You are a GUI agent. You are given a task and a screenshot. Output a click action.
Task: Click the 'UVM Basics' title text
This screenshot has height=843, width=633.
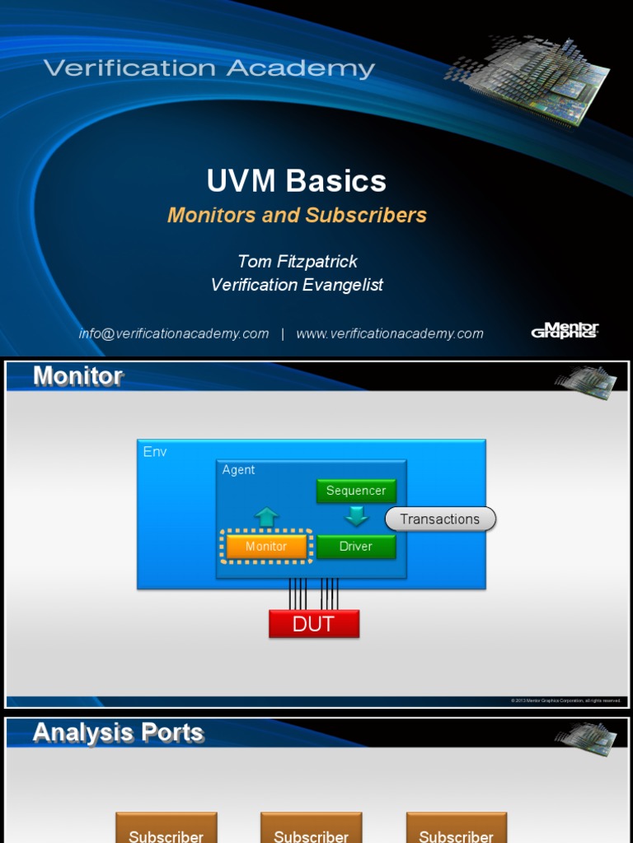[296, 181]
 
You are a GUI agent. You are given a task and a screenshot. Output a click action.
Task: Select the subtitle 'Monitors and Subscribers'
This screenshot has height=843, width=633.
[297, 216]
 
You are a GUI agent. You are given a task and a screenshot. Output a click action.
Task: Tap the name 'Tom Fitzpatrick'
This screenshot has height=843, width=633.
[298, 261]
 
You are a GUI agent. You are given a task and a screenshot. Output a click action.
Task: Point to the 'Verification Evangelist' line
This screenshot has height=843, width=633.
[297, 285]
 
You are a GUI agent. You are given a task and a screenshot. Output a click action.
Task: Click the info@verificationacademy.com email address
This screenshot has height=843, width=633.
[174, 333]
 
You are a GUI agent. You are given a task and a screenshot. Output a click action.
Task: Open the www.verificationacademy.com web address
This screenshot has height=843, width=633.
[390, 333]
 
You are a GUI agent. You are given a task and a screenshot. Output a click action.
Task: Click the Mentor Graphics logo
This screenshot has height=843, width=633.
[565, 331]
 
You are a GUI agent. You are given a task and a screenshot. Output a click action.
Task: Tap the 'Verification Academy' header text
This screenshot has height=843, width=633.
[209, 68]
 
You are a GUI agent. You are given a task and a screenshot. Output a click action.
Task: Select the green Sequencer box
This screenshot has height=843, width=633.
[356, 491]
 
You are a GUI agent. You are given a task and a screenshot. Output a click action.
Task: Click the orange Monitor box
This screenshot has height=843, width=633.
[266, 547]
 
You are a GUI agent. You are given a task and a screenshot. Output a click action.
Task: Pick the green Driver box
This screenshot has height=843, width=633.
[356, 547]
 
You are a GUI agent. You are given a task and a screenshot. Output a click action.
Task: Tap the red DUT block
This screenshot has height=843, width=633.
[314, 624]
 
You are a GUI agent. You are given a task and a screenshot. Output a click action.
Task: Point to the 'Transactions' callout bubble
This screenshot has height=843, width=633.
[440, 519]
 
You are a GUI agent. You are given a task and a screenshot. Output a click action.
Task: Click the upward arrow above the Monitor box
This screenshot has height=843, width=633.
[266, 517]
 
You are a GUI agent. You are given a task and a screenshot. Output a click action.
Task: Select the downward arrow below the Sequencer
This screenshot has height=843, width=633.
[356, 517]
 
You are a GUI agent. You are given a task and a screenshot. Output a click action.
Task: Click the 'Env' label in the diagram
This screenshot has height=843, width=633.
[155, 452]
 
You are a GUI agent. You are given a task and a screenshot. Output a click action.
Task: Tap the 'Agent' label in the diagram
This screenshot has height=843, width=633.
[239, 470]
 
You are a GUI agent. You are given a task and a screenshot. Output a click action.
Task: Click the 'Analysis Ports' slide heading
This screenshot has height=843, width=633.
[118, 733]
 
